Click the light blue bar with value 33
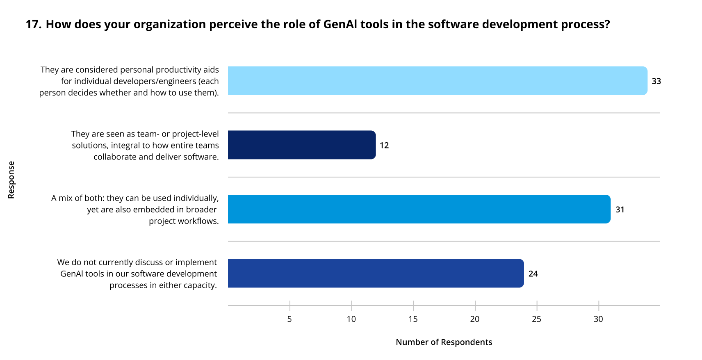point(438,81)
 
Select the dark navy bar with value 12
point(302,145)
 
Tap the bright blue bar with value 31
point(419,209)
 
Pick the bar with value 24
point(376,273)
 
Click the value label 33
point(656,81)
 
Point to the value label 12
point(384,145)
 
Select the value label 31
point(620,210)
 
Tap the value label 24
point(533,273)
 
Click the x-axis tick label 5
point(289,319)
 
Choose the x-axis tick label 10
point(351,319)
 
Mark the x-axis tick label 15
point(413,319)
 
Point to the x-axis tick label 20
point(475,319)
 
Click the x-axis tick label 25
point(536,319)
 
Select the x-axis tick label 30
point(598,319)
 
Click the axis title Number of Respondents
point(444,342)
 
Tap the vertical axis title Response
point(11,180)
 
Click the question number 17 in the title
point(33,25)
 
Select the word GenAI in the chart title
point(340,25)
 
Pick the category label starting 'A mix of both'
point(135,209)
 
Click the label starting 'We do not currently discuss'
point(137,273)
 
